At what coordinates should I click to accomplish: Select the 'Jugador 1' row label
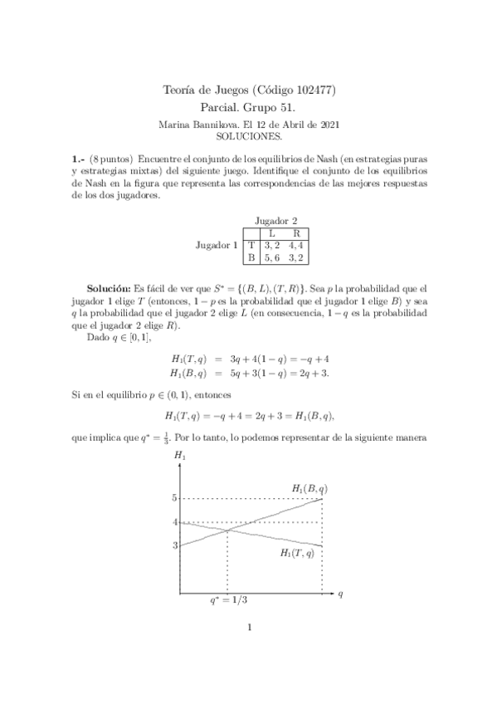point(217,245)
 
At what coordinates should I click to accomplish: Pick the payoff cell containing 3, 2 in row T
point(272,245)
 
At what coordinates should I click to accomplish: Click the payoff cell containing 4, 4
point(296,245)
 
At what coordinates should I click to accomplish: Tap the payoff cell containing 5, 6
point(272,258)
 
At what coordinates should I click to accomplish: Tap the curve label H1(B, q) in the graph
point(309,488)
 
